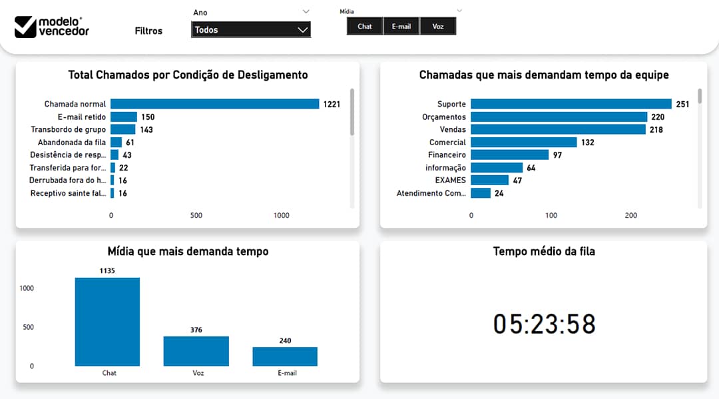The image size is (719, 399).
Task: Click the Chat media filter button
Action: tap(364, 27)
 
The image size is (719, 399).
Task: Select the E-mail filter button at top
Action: tap(401, 27)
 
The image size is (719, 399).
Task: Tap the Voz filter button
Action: tap(437, 27)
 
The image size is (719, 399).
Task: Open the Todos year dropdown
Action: tap(250, 30)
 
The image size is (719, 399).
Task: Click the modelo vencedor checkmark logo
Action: tap(25, 27)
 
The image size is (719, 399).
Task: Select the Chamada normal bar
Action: tap(214, 104)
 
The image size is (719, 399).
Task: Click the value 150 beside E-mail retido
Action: tap(148, 117)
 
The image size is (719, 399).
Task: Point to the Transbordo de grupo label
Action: tap(68, 130)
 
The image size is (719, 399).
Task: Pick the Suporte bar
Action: tap(571, 104)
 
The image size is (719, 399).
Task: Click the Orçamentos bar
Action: tap(559, 117)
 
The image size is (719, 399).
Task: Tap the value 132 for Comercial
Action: tap(587, 143)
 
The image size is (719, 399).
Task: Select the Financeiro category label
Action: tap(447, 155)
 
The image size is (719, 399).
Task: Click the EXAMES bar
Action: tap(489, 181)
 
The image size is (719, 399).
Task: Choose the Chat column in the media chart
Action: tap(107, 322)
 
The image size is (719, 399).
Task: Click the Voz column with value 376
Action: tap(196, 351)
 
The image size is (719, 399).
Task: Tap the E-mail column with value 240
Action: tap(285, 356)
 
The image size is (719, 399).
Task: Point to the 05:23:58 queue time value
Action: tap(544, 324)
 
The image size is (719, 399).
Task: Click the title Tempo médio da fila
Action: tap(544, 251)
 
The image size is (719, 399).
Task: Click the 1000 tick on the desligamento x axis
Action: tap(282, 216)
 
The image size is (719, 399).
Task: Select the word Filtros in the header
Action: tap(148, 31)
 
